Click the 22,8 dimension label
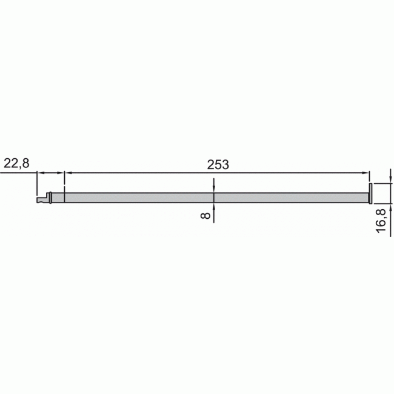(x=17, y=163)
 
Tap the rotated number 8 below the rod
(x=206, y=215)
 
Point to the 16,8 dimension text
(x=381, y=219)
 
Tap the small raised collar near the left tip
(x=50, y=196)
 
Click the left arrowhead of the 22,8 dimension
(x=41, y=173)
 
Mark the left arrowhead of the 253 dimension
(x=68, y=173)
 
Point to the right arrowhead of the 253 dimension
(x=366, y=173)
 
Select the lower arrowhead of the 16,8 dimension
(x=390, y=207)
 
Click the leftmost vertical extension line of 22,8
(x=38, y=182)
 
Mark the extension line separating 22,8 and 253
(x=64, y=182)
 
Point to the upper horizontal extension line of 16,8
(x=382, y=182)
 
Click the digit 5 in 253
(x=217, y=164)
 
